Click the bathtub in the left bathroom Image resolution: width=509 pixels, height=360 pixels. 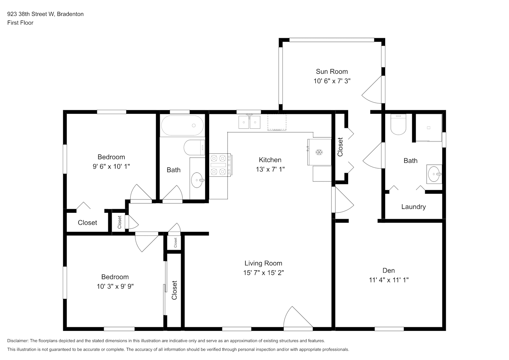(x=183, y=126)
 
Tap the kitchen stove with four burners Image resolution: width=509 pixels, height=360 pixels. (x=221, y=165)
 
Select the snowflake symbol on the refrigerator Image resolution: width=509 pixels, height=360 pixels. (x=319, y=152)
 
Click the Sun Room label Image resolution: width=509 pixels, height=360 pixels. (x=332, y=71)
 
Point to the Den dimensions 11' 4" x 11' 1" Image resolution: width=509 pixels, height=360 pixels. (x=388, y=280)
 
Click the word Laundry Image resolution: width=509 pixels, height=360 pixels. (x=413, y=207)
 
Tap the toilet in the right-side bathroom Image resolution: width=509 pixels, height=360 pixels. (x=398, y=124)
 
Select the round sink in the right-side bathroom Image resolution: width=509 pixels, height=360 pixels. (x=434, y=174)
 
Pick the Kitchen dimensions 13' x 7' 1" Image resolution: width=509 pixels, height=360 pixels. (x=270, y=169)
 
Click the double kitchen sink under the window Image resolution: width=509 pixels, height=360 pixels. (x=249, y=122)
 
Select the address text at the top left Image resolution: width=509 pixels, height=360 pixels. (x=45, y=14)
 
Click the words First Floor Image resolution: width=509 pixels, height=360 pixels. (x=20, y=23)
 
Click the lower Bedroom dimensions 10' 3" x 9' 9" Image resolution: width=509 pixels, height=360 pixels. (x=115, y=286)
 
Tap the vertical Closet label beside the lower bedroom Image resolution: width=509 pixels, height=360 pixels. (x=174, y=290)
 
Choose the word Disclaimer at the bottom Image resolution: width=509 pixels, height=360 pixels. (x=18, y=341)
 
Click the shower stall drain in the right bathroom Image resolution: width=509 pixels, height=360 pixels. (x=429, y=128)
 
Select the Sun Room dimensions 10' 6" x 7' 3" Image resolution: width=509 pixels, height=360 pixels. (x=332, y=81)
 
